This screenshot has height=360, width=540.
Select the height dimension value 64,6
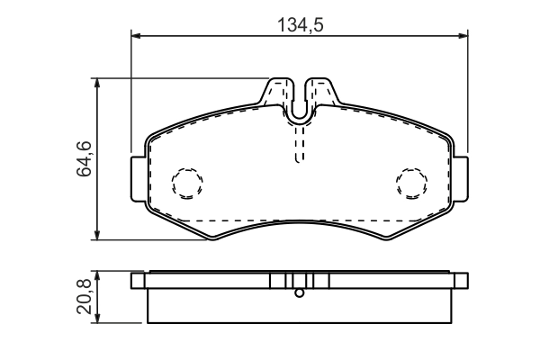[x=83, y=158]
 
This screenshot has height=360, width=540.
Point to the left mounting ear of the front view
[x=138, y=178]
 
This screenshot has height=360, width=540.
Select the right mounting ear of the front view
[x=461, y=178]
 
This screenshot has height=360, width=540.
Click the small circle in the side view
[x=300, y=292]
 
